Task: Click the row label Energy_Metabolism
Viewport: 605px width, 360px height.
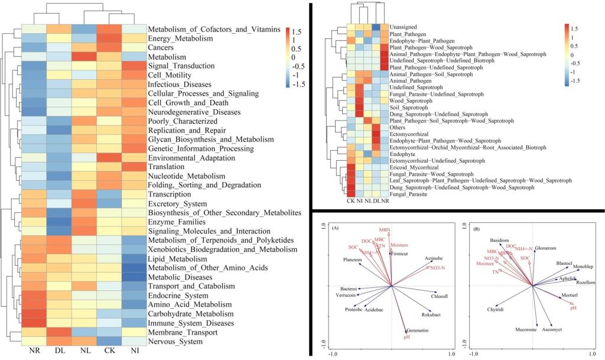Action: (180, 38)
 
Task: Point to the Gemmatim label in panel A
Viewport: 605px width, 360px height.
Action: (416, 330)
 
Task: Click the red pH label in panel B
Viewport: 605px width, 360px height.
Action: (573, 308)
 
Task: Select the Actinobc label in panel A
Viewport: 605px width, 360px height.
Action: (434, 258)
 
